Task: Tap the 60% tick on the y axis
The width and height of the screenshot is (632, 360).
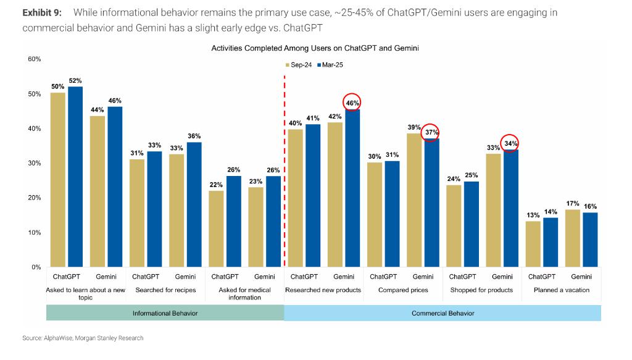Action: [34, 59]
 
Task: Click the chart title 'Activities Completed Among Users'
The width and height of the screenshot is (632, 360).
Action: [315, 48]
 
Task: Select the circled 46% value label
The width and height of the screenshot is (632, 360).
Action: [352, 103]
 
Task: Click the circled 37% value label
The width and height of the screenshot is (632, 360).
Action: [431, 133]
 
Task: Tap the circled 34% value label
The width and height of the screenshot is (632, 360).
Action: [510, 143]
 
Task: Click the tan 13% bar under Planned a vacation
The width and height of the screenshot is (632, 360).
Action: [533, 244]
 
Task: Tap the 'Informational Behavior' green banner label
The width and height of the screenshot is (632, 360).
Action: [165, 313]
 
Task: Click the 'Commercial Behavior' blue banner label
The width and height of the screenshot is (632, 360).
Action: [443, 313]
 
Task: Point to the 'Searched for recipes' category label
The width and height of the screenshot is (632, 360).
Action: [165, 290]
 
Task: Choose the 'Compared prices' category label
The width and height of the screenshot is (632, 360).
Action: [403, 290]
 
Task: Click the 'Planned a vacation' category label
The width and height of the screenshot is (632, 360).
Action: [561, 290]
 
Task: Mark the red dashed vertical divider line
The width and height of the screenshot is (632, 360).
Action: [285, 173]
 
